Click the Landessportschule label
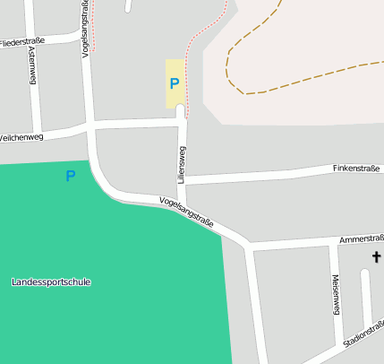[51, 282]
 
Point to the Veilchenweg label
[21, 137]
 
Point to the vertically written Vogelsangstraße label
[87, 29]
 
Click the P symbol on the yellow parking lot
[175, 84]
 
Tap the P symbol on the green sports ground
[70, 176]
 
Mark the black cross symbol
[376, 258]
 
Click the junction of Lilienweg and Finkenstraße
[184, 180]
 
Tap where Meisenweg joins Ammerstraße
[329, 245]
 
